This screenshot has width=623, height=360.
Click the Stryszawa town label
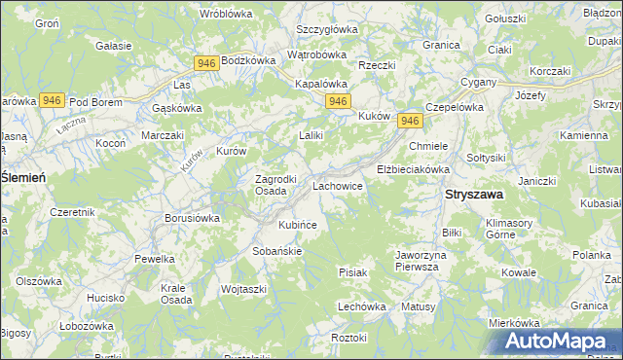click(474, 195)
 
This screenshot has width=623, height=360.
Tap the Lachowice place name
click(338, 185)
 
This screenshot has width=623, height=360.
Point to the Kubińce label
click(298, 225)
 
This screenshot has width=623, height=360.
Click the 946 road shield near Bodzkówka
click(205, 63)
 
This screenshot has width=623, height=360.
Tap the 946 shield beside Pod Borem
click(53, 100)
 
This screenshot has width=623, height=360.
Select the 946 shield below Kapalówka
click(338, 101)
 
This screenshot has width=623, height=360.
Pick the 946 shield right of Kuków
click(410, 120)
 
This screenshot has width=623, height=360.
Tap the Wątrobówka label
click(321, 55)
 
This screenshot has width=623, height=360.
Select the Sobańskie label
click(277, 250)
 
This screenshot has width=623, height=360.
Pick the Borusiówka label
click(192, 218)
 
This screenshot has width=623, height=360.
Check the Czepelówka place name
click(455, 107)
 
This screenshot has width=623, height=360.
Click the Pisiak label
click(352, 272)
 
